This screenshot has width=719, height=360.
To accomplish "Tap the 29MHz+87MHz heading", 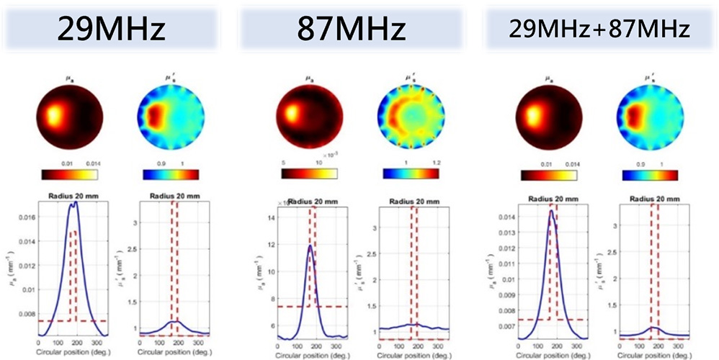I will click(598, 30).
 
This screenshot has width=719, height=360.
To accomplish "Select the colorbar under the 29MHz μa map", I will click(71, 174).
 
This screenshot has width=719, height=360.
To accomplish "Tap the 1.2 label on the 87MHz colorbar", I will click(438, 163).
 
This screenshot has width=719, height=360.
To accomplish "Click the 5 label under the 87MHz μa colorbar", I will click(284, 163).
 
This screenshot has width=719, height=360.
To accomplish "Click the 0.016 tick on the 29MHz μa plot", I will click(24, 216).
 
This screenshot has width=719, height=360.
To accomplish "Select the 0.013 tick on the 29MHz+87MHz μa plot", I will click(504, 233).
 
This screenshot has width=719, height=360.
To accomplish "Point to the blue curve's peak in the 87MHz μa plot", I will click(310, 246).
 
